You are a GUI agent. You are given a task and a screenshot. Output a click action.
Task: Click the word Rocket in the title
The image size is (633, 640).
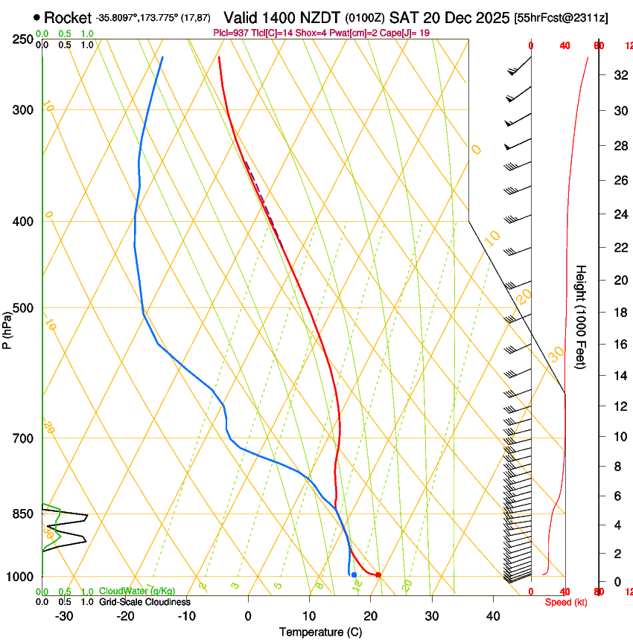pyautogui.click(x=68, y=18)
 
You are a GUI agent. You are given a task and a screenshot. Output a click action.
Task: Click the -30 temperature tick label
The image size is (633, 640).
pyautogui.click(x=64, y=616)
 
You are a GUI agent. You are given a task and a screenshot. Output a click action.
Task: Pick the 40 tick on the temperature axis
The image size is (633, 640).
pyautogui.click(x=492, y=616)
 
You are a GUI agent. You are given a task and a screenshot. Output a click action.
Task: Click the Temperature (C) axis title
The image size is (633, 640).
pyautogui.click(x=320, y=632)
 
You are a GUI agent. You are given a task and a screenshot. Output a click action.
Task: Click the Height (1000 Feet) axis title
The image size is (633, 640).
pyautogui.click(x=581, y=316)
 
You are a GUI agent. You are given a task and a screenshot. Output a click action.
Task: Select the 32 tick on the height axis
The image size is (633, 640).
pyautogui.click(x=619, y=75)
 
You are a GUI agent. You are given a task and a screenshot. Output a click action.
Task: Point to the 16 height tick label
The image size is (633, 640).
pyautogui.click(x=619, y=345)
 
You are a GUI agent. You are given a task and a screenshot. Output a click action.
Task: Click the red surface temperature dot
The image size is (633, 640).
pyautogui.click(x=378, y=575)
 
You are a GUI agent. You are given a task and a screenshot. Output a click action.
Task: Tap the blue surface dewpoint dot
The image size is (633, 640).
pyautogui.click(x=354, y=575)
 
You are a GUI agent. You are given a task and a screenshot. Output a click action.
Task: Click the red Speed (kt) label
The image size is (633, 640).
pyautogui.click(x=565, y=602)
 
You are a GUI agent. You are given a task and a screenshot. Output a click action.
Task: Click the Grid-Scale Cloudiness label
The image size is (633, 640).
pyautogui.click(x=144, y=601)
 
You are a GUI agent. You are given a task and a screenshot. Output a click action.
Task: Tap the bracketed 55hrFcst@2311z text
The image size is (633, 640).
pyautogui.click(x=561, y=18)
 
